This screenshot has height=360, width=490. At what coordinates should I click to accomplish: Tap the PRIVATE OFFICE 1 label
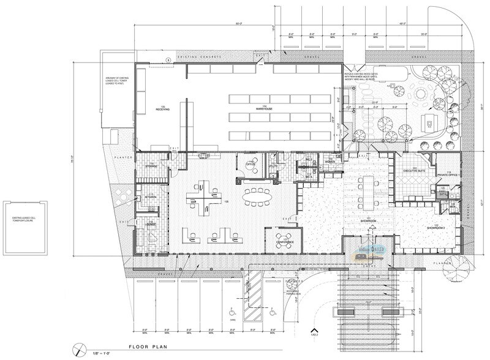pyautogui.click(x=448, y=175)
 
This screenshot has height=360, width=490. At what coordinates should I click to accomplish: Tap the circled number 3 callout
pyautogui.click(x=168, y=60)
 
